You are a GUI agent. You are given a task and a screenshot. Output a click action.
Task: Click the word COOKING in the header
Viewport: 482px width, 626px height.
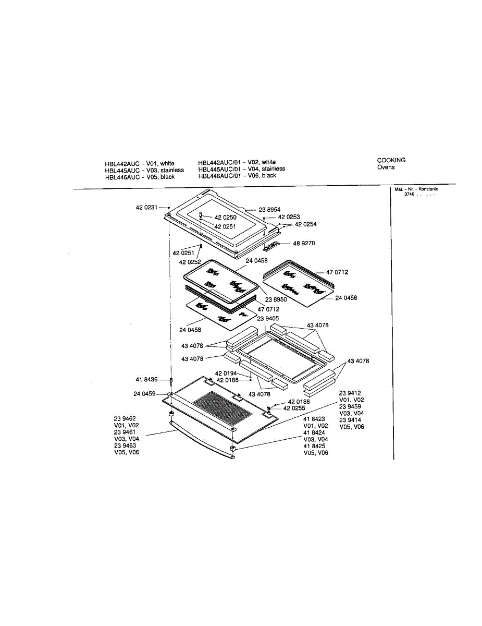[391, 160]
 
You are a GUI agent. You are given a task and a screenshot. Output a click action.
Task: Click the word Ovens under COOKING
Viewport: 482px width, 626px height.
[386, 167]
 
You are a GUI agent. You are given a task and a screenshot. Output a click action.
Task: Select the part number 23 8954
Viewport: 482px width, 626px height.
[269, 210]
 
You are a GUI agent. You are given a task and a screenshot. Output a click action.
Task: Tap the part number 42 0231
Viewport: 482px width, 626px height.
[146, 208]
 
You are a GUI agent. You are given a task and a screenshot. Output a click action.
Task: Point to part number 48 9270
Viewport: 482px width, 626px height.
[304, 243]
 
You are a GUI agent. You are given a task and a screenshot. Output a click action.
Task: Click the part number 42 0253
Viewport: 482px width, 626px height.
[289, 216]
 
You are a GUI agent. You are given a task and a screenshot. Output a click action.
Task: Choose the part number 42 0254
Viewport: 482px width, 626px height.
[305, 224]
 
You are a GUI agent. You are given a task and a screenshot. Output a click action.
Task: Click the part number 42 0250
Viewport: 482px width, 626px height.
[225, 217]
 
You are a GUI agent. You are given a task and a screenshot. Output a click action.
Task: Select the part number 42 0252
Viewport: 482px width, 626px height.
[190, 262]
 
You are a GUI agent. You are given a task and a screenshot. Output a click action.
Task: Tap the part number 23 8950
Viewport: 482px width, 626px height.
[276, 300]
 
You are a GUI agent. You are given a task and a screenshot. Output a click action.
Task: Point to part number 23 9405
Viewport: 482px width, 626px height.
[268, 318]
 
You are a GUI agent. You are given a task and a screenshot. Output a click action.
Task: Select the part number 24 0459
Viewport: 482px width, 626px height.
[144, 394]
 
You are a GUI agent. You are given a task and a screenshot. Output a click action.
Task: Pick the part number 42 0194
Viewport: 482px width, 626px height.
[226, 374]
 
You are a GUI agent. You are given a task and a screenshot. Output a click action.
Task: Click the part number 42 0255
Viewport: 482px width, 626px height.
[294, 408]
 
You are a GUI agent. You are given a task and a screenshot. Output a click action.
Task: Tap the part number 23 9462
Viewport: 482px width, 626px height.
[125, 418]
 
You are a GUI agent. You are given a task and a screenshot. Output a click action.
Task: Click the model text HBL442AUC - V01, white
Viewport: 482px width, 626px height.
[140, 164]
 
